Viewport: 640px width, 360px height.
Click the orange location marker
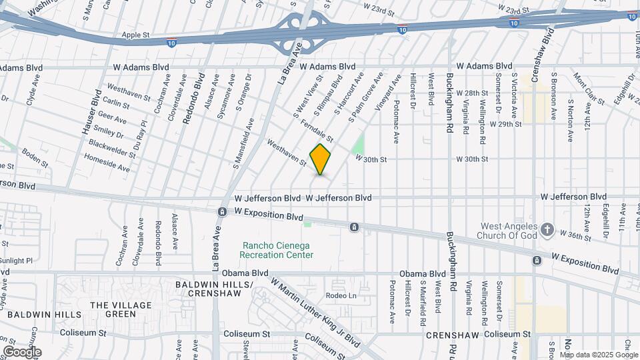click(x=320, y=159)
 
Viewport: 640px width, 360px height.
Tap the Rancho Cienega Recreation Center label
click(x=277, y=250)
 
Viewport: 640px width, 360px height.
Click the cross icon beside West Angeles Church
click(x=547, y=229)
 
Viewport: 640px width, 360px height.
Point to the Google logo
click(x=22, y=351)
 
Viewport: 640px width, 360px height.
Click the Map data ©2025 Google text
click(x=598, y=355)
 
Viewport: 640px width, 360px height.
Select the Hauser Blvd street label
click(x=91, y=115)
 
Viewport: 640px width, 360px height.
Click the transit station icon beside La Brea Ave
click(x=221, y=212)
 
